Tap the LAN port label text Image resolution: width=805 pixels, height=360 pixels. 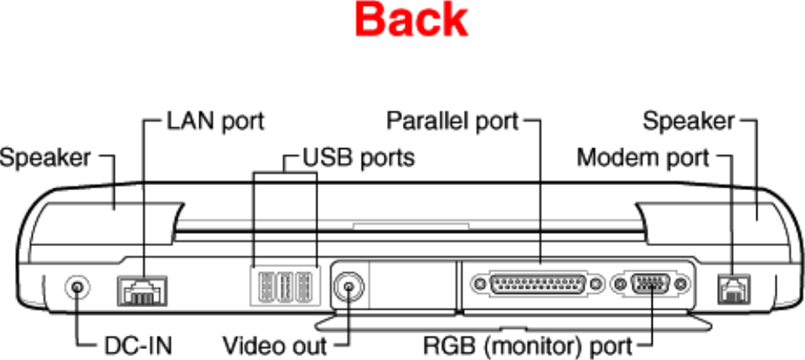(x=215, y=121)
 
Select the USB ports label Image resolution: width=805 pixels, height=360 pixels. (x=358, y=157)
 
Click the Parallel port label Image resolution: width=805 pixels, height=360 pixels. (x=452, y=121)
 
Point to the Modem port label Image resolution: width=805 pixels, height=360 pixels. (x=643, y=157)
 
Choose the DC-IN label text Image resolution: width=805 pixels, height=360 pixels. (x=138, y=344)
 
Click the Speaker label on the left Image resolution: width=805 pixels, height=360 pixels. (x=45, y=157)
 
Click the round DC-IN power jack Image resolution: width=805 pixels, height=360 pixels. (x=78, y=287)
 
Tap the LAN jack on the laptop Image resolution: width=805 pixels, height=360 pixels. (x=142, y=290)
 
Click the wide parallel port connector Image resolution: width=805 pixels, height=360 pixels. (x=537, y=284)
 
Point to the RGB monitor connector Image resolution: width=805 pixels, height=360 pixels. (x=651, y=284)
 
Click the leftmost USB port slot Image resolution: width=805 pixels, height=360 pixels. (x=263, y=285)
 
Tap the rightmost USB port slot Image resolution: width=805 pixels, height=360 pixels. (x=307, y=285)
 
